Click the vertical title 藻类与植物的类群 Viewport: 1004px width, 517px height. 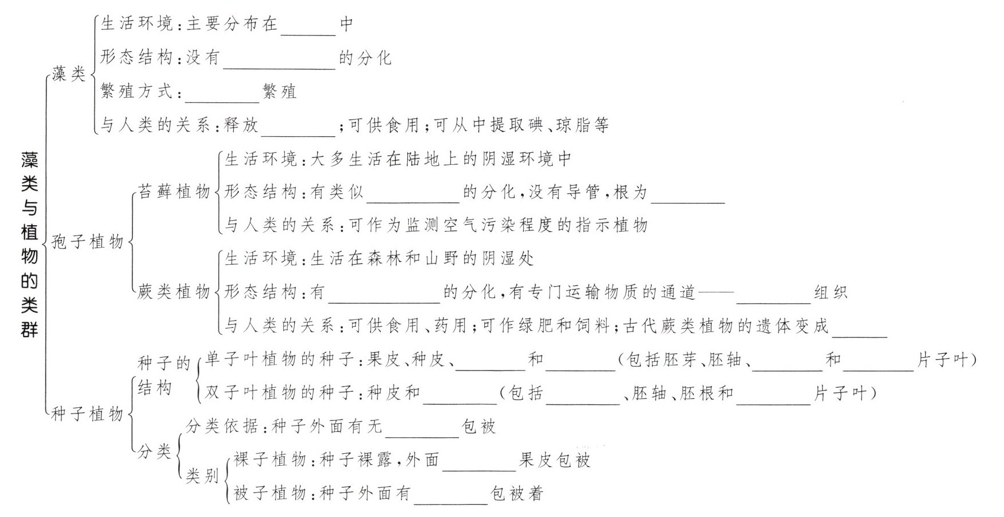[x=29, y=245]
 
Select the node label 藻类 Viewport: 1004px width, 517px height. [x=68, y=74]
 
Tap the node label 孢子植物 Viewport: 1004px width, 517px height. [x=87, y=242]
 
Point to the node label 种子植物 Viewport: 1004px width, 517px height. [x=87, y=414]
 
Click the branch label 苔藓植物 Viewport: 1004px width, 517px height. [x=174, y=191]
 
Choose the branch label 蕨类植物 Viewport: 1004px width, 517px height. [x=174, y=292]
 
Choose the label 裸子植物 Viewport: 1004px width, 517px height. [x=269, y=460]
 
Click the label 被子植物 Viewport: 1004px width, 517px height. [x=269, y=493]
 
